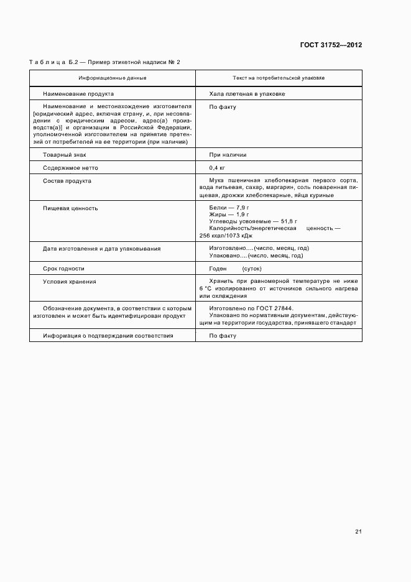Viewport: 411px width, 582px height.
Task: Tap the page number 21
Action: coord(358,532)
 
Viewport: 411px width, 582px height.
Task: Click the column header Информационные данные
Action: coord(113,78)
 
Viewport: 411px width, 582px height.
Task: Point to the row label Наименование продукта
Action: coord(78,94)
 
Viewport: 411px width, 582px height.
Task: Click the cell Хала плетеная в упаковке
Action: coord(247,94)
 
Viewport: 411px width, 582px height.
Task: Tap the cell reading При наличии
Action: coord(228,155)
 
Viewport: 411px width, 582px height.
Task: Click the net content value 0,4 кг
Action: coord(218,168)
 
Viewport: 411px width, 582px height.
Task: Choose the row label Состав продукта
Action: coord(67,181)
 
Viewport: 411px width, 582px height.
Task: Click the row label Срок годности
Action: coord(63,269)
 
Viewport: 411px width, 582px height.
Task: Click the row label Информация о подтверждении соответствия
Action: coord(108,336)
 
